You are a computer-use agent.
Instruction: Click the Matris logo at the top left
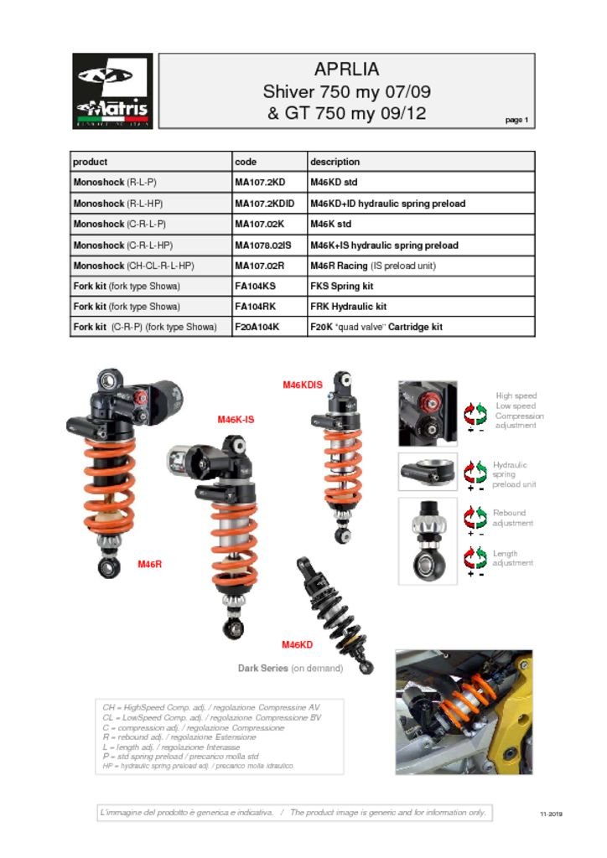click(x=112, y=90)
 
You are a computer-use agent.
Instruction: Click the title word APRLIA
click(x=346, y=70)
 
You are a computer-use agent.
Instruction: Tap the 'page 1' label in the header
click(x=516, y=121)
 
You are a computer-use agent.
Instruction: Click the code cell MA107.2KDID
click(x=265, y=204)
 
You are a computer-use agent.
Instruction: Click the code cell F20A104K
click(x=257, y=327)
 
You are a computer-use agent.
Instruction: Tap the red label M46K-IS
click(x=236, y=419)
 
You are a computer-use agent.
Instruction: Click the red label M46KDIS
click(x=302, y=385)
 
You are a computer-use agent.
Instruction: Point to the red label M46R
click(x=149, y=565)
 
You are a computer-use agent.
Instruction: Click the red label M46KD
click(x=297, y=644)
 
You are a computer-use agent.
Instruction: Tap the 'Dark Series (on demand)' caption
click(x=290, y=669)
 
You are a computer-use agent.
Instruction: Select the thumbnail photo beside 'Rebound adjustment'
click(x=427, y=540)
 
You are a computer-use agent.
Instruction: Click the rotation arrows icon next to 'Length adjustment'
click(x=475, y=558)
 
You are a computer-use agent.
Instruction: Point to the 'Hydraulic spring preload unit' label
click(x=511, y=474)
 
